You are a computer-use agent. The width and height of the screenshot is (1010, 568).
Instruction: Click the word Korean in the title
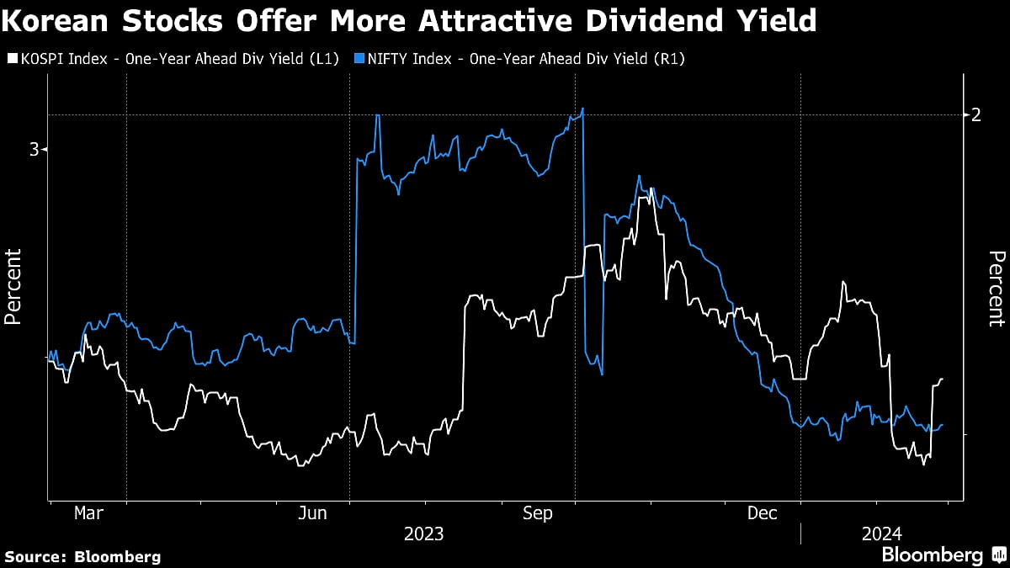coord(60,21)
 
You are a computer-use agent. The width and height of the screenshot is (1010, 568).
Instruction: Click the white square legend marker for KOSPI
coord(11,58)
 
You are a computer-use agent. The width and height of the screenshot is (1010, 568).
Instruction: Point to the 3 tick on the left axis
coord(35,150)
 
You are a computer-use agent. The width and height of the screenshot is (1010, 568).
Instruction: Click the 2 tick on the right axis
coord(975,114)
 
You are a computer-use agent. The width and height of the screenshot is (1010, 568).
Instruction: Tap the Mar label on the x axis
coord(88,513)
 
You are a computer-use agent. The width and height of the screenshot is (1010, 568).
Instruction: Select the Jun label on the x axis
coord(313,513)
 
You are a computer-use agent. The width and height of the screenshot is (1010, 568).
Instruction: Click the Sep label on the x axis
coord(538,513)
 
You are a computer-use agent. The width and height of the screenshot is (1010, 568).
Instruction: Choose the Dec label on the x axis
coord(763,513)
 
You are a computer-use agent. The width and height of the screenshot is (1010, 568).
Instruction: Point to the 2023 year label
coord(425,534)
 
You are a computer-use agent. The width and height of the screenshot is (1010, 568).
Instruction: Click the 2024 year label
coord(882,534)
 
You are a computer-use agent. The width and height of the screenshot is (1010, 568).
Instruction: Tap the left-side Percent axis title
coord(13,287)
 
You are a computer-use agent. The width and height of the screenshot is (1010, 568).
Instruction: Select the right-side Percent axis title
coord(996,288)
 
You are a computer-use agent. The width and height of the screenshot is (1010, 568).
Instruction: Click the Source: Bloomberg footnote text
coord(82,556)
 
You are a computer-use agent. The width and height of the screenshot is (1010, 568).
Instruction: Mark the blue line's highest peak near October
coord(582,109)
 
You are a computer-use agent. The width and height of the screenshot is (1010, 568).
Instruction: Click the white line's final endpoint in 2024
coord(943,380)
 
